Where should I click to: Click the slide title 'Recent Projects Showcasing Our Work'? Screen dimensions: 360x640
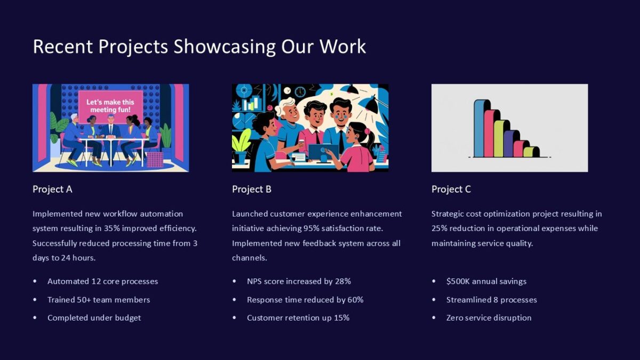point(199,46)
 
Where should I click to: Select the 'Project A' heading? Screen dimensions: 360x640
point(52,189)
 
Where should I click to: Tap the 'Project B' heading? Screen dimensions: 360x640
point(252,189)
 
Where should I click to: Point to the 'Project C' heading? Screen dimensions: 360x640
point(451,189)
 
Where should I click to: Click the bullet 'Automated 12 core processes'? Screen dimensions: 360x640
point(102,281)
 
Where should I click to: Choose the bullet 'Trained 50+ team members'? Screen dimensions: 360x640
point(99,300)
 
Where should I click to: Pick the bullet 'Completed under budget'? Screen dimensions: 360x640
point(94,318)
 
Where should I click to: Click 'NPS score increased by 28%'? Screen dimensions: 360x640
point(299,281)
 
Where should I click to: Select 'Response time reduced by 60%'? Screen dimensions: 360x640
point(305,300)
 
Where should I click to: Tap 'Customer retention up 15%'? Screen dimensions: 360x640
point(298,318)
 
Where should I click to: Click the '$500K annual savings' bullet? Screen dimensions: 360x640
point(486,281)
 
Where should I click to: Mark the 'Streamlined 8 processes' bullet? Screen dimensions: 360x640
point(491,300)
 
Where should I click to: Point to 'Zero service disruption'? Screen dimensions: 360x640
point(489,318)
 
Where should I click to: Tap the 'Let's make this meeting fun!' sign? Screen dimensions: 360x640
point(110,105)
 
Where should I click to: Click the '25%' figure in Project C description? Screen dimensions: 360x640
point(440,228)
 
